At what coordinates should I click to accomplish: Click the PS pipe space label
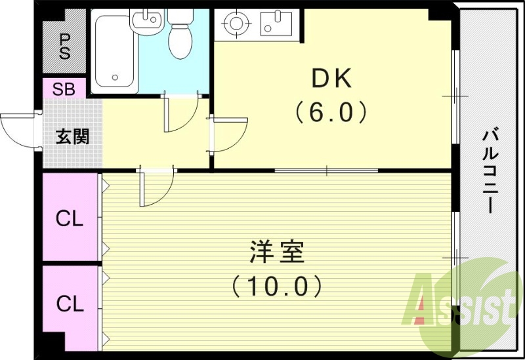coord(64,47)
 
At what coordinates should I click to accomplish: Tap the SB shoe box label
coord(64,89)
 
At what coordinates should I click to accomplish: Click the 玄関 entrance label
coord(73,136)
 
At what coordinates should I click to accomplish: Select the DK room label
coord(332,78)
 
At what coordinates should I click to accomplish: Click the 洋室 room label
coord(277,251)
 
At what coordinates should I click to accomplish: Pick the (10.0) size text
coord(277,285)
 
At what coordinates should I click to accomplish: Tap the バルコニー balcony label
coord(490,172)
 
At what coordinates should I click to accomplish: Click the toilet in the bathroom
coord(180,34)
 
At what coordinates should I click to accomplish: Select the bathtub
coord(114,51)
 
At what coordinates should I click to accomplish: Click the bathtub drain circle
coord(115,77)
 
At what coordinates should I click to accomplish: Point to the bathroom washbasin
coord(146,20)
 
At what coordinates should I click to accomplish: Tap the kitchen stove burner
coord(238,23)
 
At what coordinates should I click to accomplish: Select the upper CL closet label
coord(70,219)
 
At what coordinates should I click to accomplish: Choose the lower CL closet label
coord(70,304)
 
